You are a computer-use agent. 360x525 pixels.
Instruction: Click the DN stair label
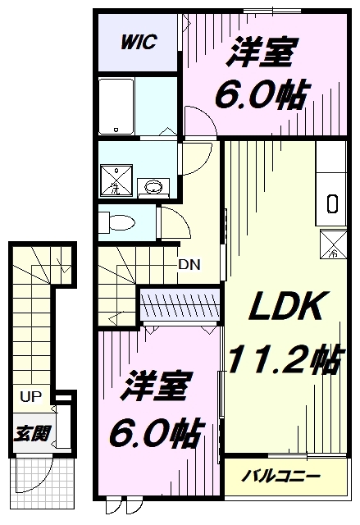point(189,265)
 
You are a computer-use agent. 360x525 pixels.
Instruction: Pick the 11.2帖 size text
point(284,359)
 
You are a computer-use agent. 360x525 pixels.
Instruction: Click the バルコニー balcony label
point(280,476)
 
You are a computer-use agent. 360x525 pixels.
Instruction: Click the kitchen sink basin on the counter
point(331,203)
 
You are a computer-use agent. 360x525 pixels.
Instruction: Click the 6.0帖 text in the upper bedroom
point(259,96)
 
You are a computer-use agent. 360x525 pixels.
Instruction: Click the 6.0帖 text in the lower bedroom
point(157,432)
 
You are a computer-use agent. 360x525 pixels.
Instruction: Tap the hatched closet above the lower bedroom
point(180,304)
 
